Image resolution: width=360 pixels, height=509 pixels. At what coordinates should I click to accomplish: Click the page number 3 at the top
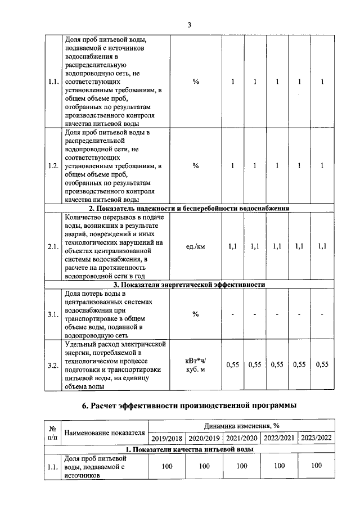click(x=190, y=25)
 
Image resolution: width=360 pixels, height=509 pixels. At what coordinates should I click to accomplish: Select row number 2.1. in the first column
click(x=54, y=246)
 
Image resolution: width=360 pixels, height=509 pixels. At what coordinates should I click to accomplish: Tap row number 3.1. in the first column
click(x=54, y=314)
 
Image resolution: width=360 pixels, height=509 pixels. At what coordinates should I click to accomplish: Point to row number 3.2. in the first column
click(x=54, y=365)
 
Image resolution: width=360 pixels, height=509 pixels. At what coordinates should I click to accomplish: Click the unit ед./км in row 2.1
click(x=196, y=246)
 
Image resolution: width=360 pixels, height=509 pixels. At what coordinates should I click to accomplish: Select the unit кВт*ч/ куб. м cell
click(x=196, y=365)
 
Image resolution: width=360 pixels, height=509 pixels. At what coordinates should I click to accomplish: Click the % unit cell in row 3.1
click(x=196, y=314)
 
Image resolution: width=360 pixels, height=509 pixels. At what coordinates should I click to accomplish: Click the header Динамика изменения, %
click(x=242, y=426)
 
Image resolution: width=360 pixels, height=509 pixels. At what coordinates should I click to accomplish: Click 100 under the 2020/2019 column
click(x=204, y=466)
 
